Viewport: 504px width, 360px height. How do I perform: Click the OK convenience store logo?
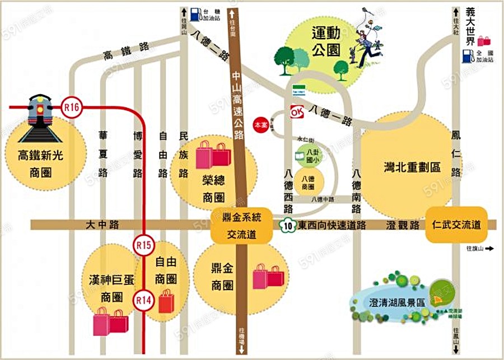[x=295, y=112]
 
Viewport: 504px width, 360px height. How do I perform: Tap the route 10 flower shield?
[x=287, y=225]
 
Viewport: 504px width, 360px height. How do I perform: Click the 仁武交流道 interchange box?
[x=456, y=225]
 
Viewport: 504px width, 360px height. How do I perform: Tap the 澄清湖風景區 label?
[x=397, y=302]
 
